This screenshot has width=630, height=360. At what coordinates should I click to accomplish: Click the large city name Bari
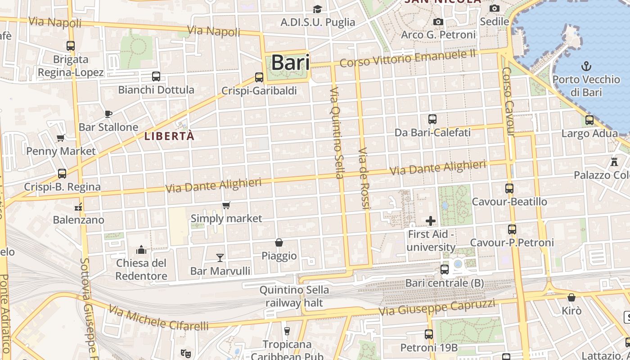290,63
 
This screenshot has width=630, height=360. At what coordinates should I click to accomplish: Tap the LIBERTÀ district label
170,136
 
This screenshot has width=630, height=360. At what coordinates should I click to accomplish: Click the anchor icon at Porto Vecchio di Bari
586,67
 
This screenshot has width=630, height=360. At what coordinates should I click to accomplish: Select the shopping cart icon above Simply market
226,206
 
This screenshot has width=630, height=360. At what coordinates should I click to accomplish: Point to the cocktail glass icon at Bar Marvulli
220,257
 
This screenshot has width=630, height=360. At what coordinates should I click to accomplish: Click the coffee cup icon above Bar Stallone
108,113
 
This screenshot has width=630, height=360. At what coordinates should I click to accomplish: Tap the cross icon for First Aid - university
431,221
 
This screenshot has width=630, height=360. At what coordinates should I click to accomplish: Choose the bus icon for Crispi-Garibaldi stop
259,77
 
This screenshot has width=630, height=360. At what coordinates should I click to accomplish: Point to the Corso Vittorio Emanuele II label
408,58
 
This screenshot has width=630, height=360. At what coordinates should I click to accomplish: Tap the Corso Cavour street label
508,102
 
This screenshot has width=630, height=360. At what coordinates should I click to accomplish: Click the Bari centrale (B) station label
444,283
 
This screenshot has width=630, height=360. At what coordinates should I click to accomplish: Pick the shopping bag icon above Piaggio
279,243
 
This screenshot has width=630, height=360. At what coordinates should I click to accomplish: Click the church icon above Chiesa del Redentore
141,249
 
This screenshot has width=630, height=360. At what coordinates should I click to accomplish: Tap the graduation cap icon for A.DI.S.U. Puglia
317,9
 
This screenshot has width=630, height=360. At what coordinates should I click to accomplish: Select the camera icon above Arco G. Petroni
438,22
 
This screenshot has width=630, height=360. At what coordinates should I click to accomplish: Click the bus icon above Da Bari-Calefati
432,119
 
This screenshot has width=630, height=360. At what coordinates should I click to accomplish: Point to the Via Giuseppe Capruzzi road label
436,308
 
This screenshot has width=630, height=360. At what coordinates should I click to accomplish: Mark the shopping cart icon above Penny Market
60,138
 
